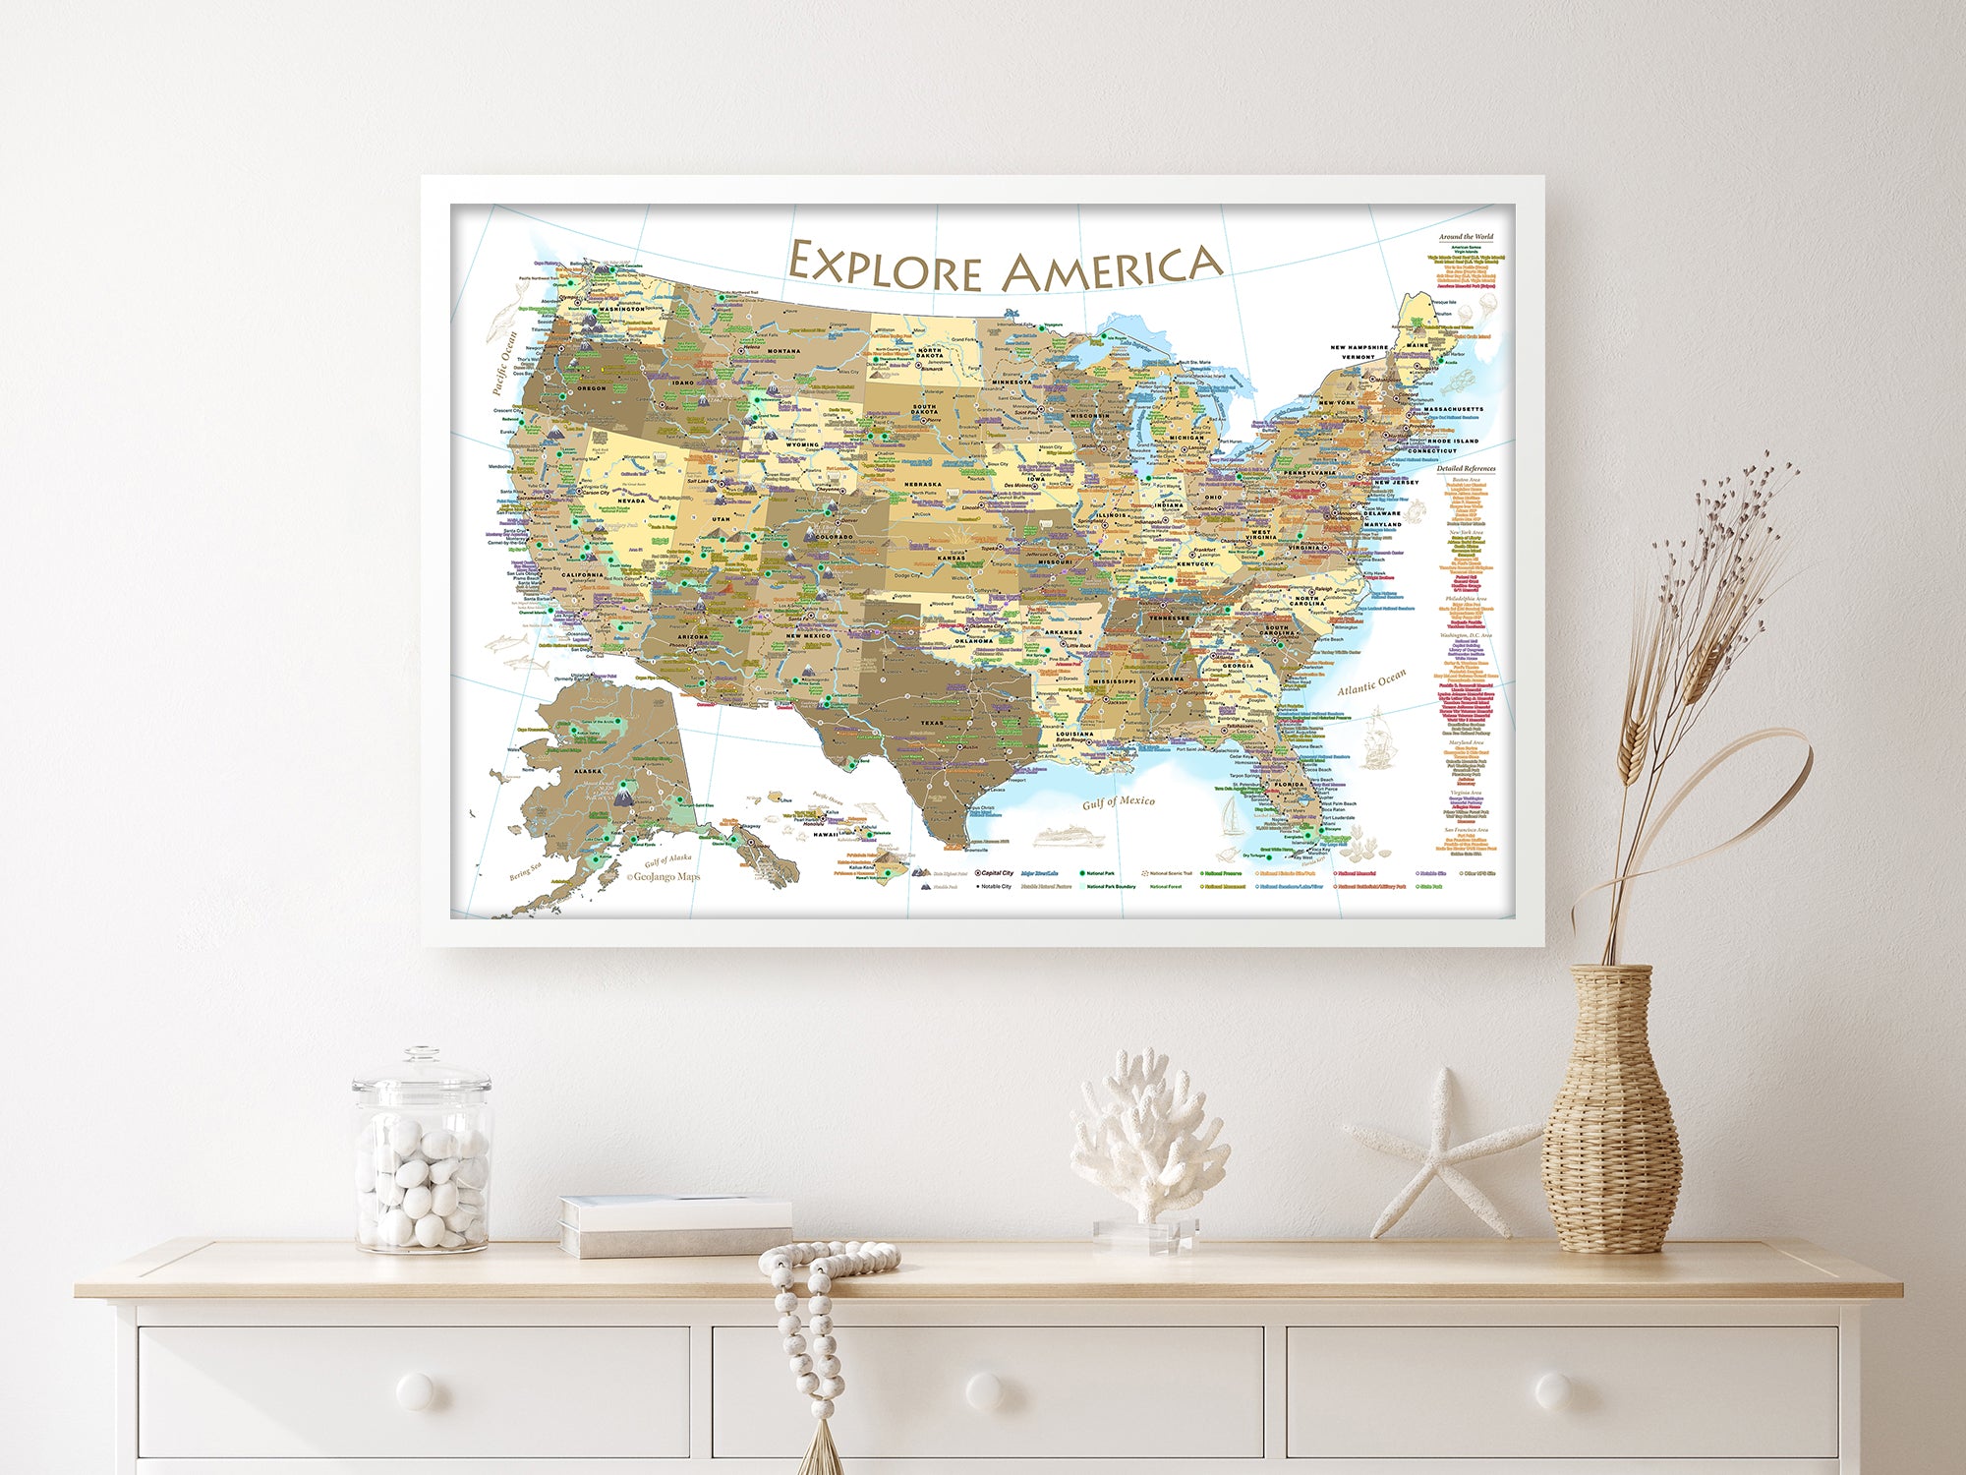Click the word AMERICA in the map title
[x=1111, y=267]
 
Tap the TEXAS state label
[x=931, y=723]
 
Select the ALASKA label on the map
[x=588, y=771]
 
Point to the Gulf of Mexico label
[x=1119, y=802]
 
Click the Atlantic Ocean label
[x=1371, y=681]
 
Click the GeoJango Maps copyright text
[x=664, y=876]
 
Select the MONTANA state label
[x=783, y=351]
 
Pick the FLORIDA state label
[x=1289, y=784]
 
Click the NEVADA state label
[x=631, y=501]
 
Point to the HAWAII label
[x=825, y=834]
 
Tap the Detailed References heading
[x=1466, y=469]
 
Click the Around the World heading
[x=1466, y=237]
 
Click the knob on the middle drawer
[x=985, y=1390]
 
